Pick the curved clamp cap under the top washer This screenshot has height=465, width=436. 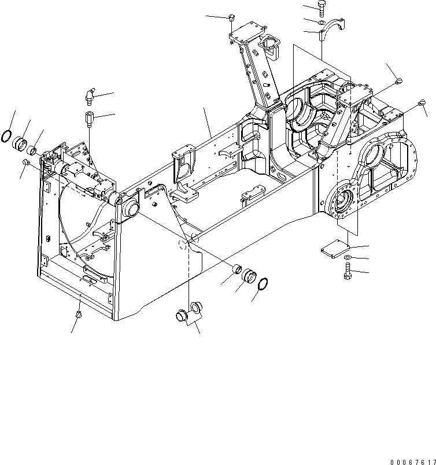pyautogui.click(x=331, y=31)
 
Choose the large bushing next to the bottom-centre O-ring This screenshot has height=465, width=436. pyautogui.click(x=250, y=276)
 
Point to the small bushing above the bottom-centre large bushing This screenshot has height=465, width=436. pyautogui.click(x=237, y=268)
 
